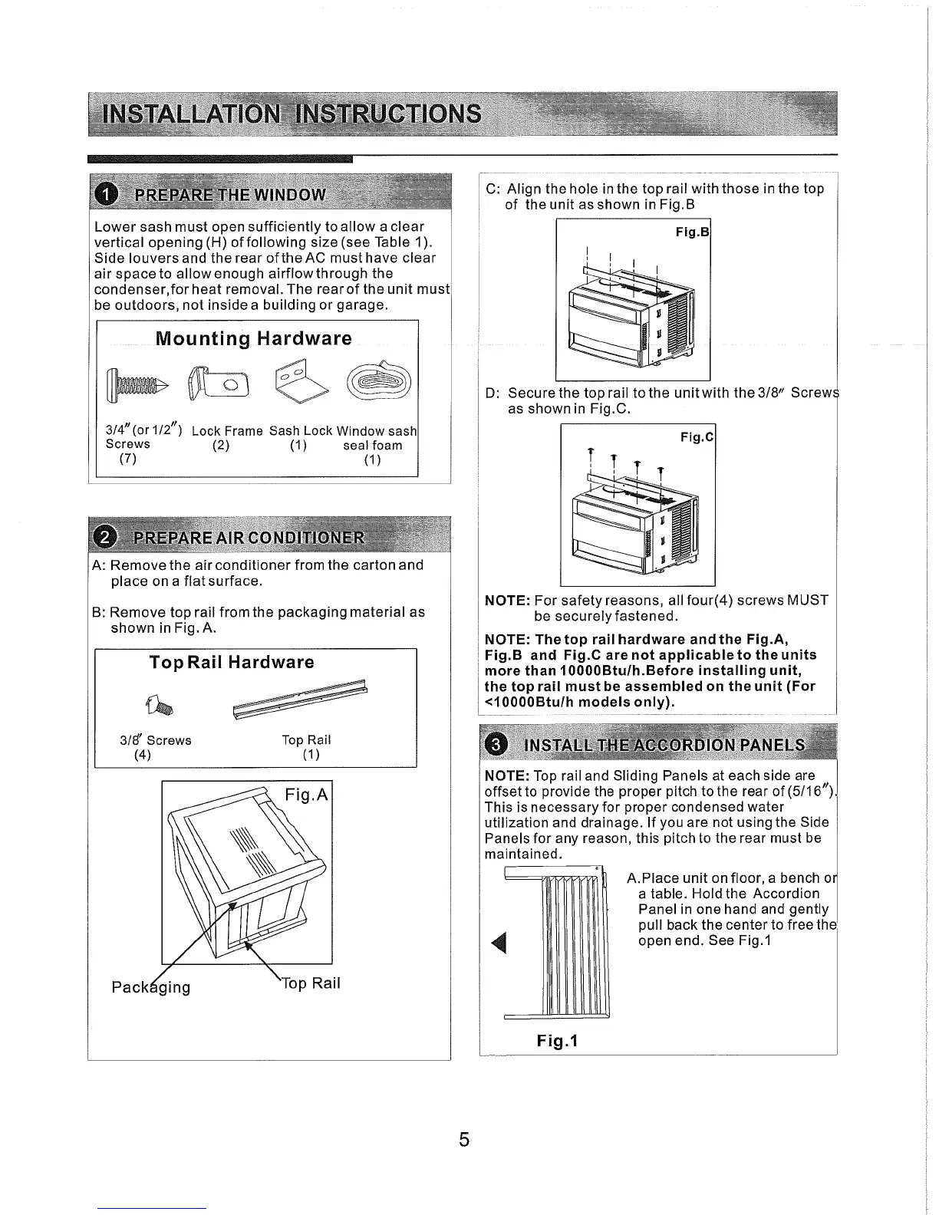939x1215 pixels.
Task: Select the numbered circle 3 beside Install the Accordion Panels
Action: pos(497,745)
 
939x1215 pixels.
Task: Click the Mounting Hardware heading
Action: pos(254,339)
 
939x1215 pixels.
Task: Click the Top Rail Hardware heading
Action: pos(232,663)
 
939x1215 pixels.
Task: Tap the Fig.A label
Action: pos(305,795)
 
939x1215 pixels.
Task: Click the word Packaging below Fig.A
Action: pos(151,986)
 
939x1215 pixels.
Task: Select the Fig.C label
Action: pos(697,437)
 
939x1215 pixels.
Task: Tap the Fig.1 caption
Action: pos(557,1041)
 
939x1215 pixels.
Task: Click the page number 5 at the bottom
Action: pos(464,1139)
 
